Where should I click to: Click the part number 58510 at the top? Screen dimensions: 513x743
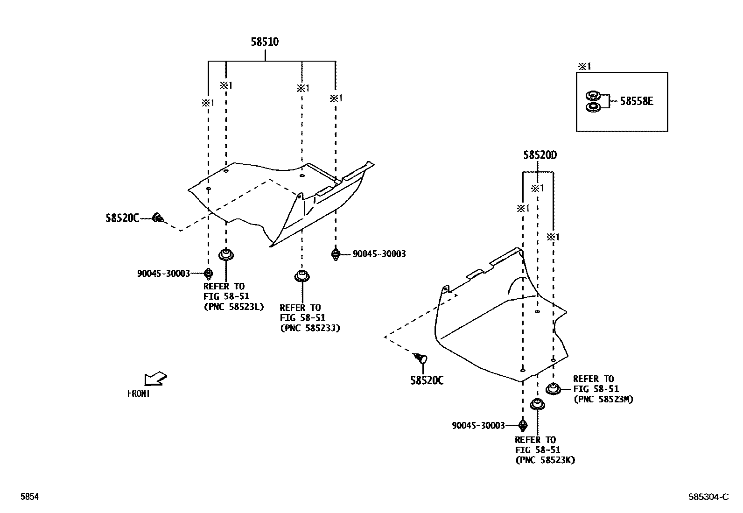(265, 42)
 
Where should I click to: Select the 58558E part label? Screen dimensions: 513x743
(636, 101)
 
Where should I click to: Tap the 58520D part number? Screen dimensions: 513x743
(540, 155)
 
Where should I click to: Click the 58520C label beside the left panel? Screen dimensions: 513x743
(122, 218)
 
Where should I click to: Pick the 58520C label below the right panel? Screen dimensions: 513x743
(427, 380)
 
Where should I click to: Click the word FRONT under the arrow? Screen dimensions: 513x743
(139, 394)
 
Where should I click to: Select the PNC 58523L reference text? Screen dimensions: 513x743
(234, 307)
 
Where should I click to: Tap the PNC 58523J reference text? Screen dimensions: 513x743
(310, 328)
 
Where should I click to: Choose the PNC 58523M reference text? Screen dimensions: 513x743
(603, 399)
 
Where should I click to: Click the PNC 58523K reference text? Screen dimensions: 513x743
(545, 460)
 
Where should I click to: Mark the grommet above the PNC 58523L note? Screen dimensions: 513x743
(226, 255)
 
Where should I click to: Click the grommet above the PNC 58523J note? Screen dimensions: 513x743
(302, 276)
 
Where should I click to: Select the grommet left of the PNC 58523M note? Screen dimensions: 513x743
(553, 388)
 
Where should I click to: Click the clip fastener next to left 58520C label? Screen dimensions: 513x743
(158, 217)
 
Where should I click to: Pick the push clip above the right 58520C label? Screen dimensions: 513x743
(421, 358)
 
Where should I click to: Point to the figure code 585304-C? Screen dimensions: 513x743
(708, 497)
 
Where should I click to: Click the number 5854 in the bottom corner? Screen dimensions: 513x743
(29, 497)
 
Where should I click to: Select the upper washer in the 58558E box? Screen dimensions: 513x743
(592, 96)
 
